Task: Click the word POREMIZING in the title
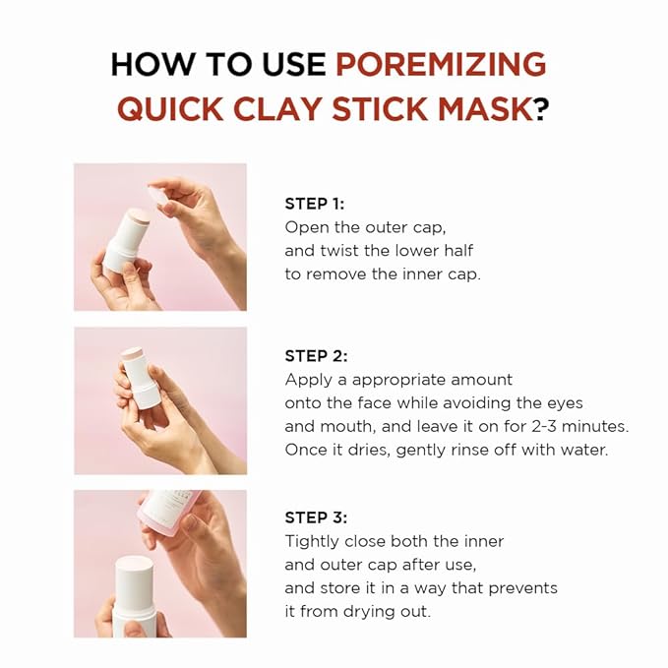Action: coord(440,64)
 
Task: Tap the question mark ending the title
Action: coord(541,108)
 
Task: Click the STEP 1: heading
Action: coord(315,204)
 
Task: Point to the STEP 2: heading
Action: coord(316,356)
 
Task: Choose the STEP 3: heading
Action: coord(316,517)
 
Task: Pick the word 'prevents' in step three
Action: coord(525,587)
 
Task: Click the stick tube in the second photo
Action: coord(144,379)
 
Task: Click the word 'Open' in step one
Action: coord(306,227)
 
